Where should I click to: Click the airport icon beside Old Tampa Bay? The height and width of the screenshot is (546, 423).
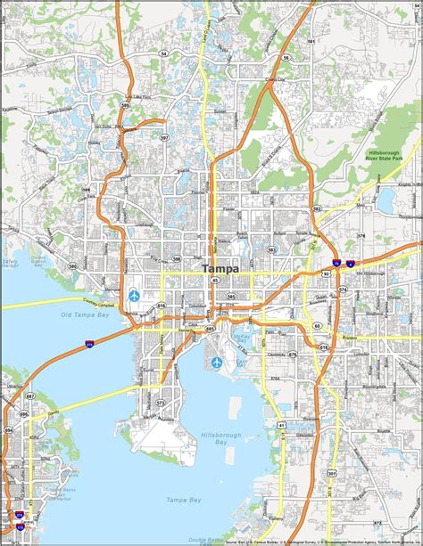click(x=135, y=294)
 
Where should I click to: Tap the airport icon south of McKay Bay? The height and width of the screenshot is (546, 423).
click(x=217, y=363)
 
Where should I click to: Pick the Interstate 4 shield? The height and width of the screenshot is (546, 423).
click(x=351, y=263)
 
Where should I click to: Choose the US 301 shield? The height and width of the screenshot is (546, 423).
click(x=331, y=473)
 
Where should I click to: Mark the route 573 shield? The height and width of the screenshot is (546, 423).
click(x=161, y=403)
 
